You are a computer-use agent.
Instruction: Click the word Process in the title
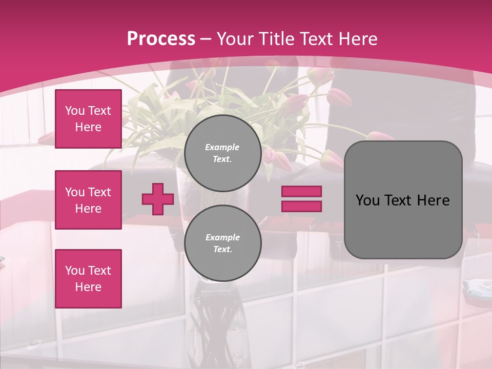click(x=161, y=39)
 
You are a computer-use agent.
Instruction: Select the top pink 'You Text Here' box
click(x=88, y=119)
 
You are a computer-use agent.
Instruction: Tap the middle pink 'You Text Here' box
click(x=88, y=200)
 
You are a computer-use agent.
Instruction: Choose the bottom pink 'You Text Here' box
click(x=88, y=279)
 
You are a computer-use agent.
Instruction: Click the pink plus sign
click(x=157, y=199)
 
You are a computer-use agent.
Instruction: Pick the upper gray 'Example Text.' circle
click(x=222, y=153)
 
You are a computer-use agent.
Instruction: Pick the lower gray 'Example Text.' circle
click(x=222, y=243)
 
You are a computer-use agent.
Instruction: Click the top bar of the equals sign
click(x=301, y=192)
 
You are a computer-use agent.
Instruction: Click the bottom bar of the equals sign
click(x=301, y=207)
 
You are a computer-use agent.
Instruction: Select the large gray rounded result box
click(x=403, y=200)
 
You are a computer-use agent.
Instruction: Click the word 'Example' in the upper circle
click(x=222, y=147)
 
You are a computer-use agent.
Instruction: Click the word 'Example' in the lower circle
click(x=222, y=237)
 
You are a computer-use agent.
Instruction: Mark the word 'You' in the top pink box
click(x=75, y=111)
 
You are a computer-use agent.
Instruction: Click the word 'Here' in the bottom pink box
click(x=88, y=287)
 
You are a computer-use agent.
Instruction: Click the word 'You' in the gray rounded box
click(x=368, y=200)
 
